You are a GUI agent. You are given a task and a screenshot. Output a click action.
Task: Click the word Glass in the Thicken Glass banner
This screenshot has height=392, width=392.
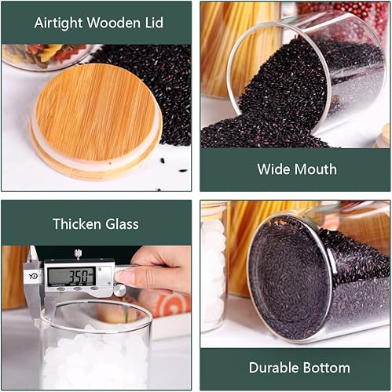[121, 224]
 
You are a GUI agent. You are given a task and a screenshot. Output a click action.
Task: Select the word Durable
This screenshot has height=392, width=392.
[275, 368]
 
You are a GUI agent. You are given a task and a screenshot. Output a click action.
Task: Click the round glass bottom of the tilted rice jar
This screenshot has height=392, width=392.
[287, 278]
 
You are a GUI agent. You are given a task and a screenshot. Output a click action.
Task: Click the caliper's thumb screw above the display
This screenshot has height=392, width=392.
[77, 254]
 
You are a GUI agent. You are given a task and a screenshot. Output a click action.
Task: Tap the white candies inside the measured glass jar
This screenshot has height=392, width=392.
[94, 361]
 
